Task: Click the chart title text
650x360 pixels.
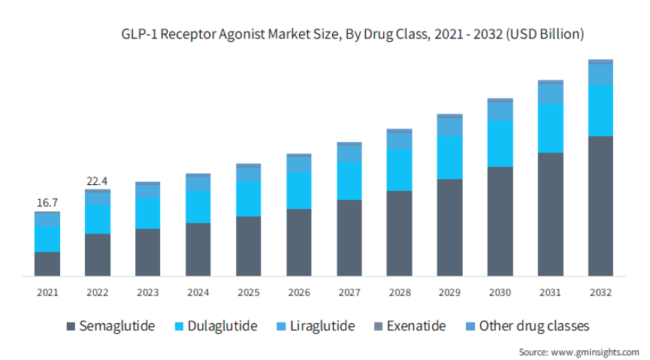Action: [x=352, y=34]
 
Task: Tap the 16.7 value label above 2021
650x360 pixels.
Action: [x=47, y=202]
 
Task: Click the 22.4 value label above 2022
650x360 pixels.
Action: [x=98, y=180]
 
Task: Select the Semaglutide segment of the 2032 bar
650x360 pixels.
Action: [x=600, y=206]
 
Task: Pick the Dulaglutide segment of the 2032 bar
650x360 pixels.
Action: [x=600, y=110]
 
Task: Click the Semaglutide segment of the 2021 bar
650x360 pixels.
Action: [x=47, y=264]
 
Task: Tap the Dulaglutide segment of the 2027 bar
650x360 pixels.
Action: [x=349, y=180]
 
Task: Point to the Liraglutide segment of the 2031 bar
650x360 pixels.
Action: [x=550, y=93]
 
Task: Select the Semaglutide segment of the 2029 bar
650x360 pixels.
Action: [x=449, y=227]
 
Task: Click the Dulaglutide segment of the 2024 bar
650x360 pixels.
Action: [x=198, y=206]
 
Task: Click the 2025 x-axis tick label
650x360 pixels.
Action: [x=249, y=292]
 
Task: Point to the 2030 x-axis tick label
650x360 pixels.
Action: [x=500, y=292]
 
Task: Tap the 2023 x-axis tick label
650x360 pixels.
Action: [x=148, y=292]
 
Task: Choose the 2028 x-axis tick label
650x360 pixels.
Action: [x=399, y=292]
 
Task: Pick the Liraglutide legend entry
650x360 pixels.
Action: [x=315, y=326]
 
